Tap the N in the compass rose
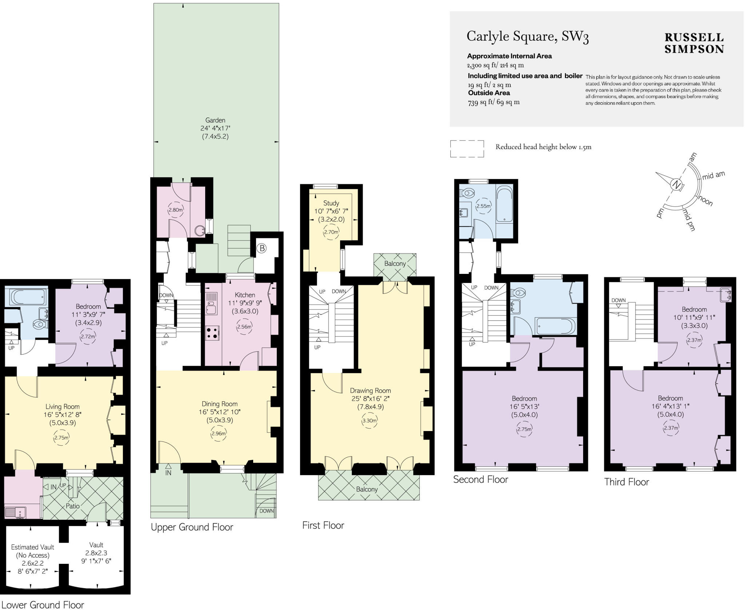tap(676, 184)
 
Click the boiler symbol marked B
tap(261, 248)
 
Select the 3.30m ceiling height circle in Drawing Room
tap(369, 421)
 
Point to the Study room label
tap(331, 203)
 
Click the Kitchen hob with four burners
tap(212, 333)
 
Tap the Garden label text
tap(215, 120)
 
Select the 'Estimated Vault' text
tap(32, 547)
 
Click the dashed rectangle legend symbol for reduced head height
tap(467, 149)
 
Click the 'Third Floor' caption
tap(626, 482)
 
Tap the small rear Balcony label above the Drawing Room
tap(395, 263)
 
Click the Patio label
tap(72, 506)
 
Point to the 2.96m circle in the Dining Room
tap(218, 434)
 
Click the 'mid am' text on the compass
tap(713, 175)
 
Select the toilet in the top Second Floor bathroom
tap(467, 193)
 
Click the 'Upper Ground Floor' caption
tap(192, 527)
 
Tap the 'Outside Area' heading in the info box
tap(489, 93)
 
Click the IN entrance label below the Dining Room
tap(168, 473)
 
